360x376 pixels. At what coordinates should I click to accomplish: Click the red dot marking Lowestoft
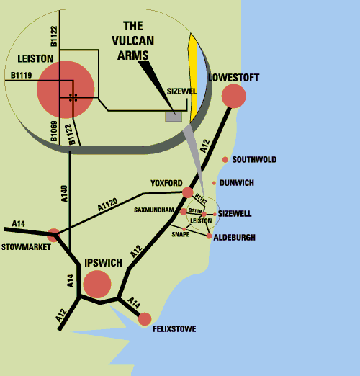tap(233, 96)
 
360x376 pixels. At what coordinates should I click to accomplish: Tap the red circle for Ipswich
tap(97, 284)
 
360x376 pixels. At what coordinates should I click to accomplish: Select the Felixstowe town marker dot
tap(145, 319)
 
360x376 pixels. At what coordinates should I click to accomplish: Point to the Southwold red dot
tap(225, 160)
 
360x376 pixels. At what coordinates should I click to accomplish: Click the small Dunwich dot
tap(214, 183)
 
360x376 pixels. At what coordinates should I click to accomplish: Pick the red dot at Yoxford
tap(188, 192)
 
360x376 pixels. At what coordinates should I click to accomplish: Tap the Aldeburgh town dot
tap(209, 236)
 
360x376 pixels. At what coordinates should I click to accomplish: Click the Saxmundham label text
tap(154, 210)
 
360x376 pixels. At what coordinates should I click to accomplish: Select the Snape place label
tap(181, 234)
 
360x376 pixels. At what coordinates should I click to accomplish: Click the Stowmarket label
tap(26, 247)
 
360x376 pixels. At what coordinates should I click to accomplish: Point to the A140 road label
tap(65, 194)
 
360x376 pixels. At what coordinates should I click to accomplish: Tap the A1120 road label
tap(108, 205)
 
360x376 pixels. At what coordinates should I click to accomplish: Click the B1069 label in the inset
tap(54, 131)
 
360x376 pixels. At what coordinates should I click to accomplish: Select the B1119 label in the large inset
tap(21, 75)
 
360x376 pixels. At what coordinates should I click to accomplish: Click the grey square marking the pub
tap(174, 117)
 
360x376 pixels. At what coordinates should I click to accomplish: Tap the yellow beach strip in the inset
tap(193, 78)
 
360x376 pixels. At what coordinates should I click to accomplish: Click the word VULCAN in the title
tap(132, 41)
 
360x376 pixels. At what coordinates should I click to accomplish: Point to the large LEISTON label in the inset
tap(35, 59)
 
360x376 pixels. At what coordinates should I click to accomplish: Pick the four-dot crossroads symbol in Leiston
tap(73, 98)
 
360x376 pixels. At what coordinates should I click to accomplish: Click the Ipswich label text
tap(103, 263)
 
